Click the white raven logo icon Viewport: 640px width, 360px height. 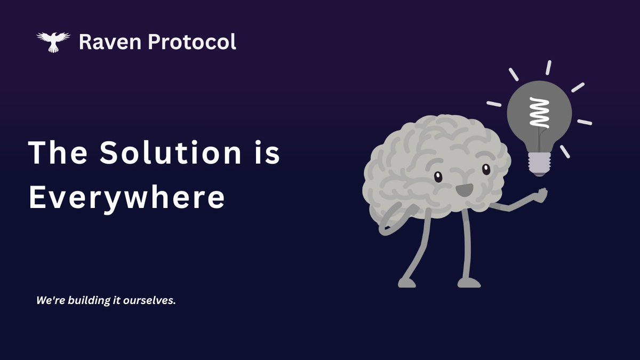tap(53, 42)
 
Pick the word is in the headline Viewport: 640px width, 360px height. tap(267, 153)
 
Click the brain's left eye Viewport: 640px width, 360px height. tap(438, 177)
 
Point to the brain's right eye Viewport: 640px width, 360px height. tap(485, 169)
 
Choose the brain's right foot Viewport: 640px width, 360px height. tap(469, 283)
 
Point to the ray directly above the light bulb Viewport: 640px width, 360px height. tap(548, 68)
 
